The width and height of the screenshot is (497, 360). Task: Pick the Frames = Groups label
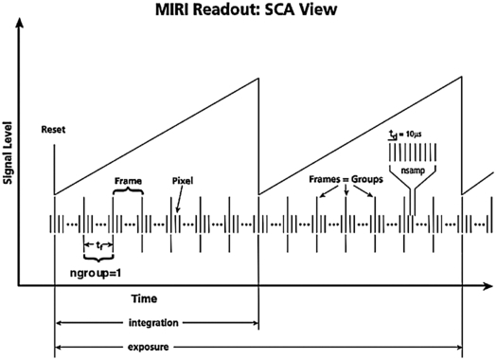347,179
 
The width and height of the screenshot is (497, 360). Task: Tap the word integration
156,323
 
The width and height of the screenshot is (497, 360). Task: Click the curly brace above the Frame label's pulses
128,191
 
